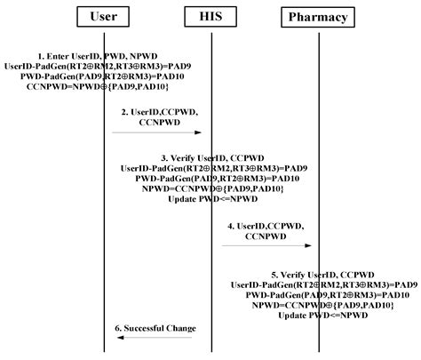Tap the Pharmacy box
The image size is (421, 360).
pyautogui.click(x=319, y=17)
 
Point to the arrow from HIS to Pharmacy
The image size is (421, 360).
pyautogui.click(x=266, y=246)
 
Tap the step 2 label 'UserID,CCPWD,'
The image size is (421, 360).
pyautogui.click(x=159, y=113)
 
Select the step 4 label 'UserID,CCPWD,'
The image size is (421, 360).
pyautogui.click(x=267, y=226)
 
